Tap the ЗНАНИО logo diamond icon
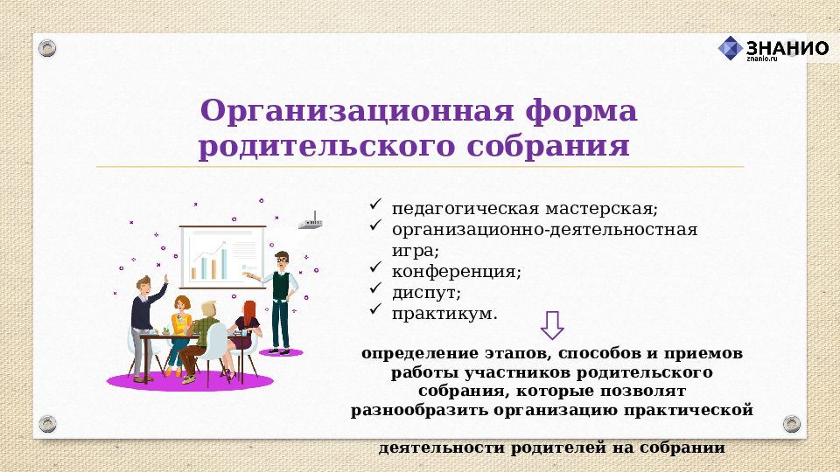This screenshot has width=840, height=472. click(731, 48)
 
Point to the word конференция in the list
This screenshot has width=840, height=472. click(455, 271)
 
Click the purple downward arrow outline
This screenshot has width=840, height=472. click(552, 324)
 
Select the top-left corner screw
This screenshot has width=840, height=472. click(47, 47)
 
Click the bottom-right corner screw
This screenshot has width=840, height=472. click(791, 424)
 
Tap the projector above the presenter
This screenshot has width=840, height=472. click(310, 224)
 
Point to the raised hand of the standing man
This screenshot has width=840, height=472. click(164, 284)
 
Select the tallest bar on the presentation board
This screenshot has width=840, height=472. click(224, 261)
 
